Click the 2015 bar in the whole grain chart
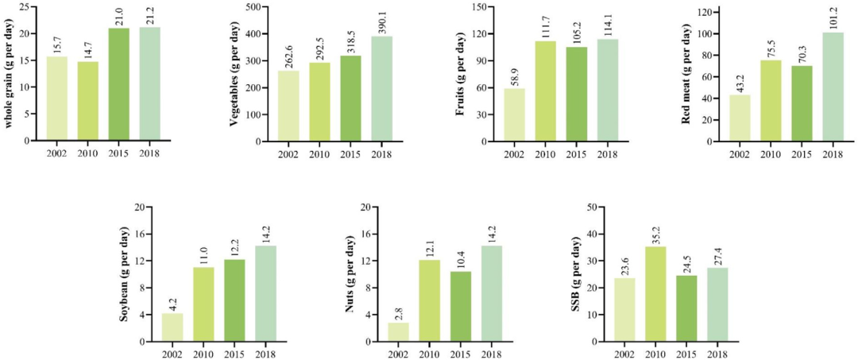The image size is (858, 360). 118,84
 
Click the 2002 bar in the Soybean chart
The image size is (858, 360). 172,327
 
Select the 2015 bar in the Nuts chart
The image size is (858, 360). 460,307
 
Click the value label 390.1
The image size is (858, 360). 381,21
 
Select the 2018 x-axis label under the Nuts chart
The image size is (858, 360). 492,354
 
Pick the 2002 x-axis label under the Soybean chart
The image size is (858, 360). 172,354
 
